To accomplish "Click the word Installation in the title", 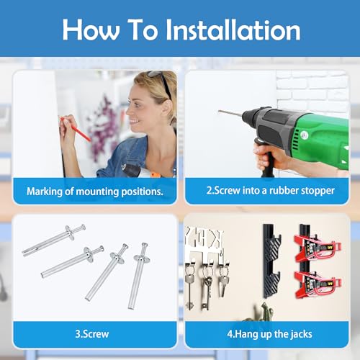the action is coord(233,30).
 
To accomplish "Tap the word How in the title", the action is coord(91,30).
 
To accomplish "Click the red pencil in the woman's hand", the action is coord(76,129).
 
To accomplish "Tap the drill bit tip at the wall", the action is coord(219,111).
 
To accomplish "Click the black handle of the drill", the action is coord(266,161).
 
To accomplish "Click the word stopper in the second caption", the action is coord(318,191).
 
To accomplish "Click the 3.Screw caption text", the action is coord(92,334).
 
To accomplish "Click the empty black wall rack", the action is coord(271,261).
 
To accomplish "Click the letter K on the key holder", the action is coord(216,238).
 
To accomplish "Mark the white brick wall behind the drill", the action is coord(312,91).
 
